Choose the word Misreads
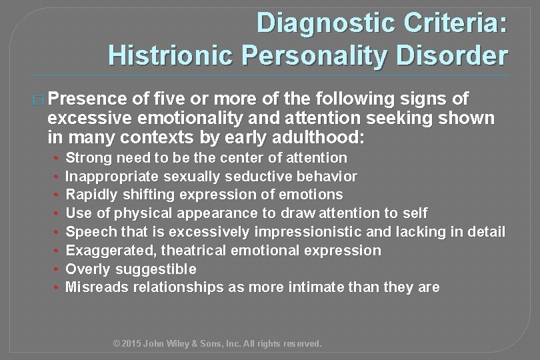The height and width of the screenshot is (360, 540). [x=97, y=287]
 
